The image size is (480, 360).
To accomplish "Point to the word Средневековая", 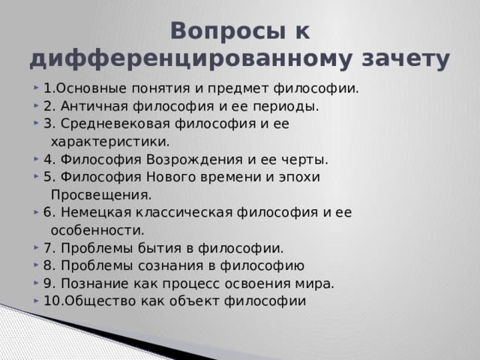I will coord(110,123).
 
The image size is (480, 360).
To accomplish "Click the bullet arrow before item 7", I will coord(38,247).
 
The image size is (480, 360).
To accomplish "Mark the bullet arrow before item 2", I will coord(38,106).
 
